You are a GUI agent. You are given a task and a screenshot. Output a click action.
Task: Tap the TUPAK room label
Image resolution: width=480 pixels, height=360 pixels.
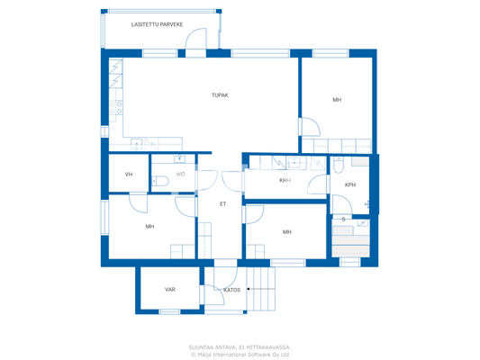click(x=219, y=94)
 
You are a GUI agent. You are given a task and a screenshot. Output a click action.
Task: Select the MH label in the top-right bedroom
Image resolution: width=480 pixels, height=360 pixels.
click(x=337, y=99)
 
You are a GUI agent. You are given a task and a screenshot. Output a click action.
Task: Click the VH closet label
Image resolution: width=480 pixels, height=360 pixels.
click(x=129, y=174)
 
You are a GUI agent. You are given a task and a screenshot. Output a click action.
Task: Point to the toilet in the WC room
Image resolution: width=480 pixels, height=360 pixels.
click(x=161, y=182)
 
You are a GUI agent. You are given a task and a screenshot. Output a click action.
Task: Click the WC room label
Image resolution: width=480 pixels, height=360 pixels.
click(x=181, y=174)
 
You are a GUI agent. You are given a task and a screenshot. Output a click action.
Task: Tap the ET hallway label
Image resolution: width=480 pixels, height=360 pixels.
click(x=222, y=203)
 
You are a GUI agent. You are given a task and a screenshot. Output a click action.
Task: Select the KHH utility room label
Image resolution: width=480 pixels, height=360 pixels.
click(x=285, y=180)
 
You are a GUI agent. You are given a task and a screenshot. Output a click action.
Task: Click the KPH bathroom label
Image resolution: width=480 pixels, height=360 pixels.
click(x=350, y=184)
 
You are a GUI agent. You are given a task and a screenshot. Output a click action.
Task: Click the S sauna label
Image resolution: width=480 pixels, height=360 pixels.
click(x=343, y=219)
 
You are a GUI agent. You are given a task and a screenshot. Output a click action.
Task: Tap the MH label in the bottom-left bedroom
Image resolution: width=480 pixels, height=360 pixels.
click(x=149, y=226)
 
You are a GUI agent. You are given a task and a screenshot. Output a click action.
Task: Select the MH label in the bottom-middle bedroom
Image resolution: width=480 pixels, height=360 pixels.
click(x=286, y=231)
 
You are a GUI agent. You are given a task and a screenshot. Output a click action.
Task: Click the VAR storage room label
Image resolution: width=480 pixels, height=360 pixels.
click(x=169, y=290)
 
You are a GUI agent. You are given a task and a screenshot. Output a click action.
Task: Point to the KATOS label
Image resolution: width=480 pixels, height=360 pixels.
click(x=231, y=290)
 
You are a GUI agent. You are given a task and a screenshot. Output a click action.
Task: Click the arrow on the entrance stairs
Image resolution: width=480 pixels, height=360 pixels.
click(x=258, y=290)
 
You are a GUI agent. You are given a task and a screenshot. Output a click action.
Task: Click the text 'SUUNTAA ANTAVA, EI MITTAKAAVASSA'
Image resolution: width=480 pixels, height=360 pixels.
click(x=240, y=346)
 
